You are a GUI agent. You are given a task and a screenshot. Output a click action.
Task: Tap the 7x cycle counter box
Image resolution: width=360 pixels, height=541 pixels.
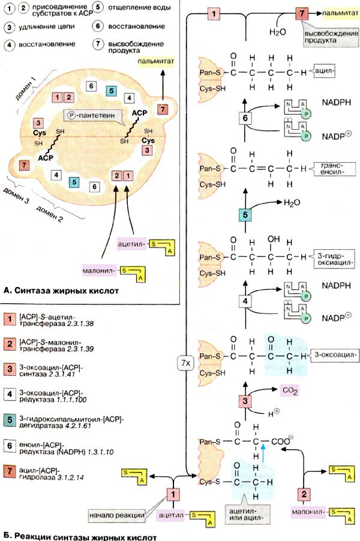(184, 362)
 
